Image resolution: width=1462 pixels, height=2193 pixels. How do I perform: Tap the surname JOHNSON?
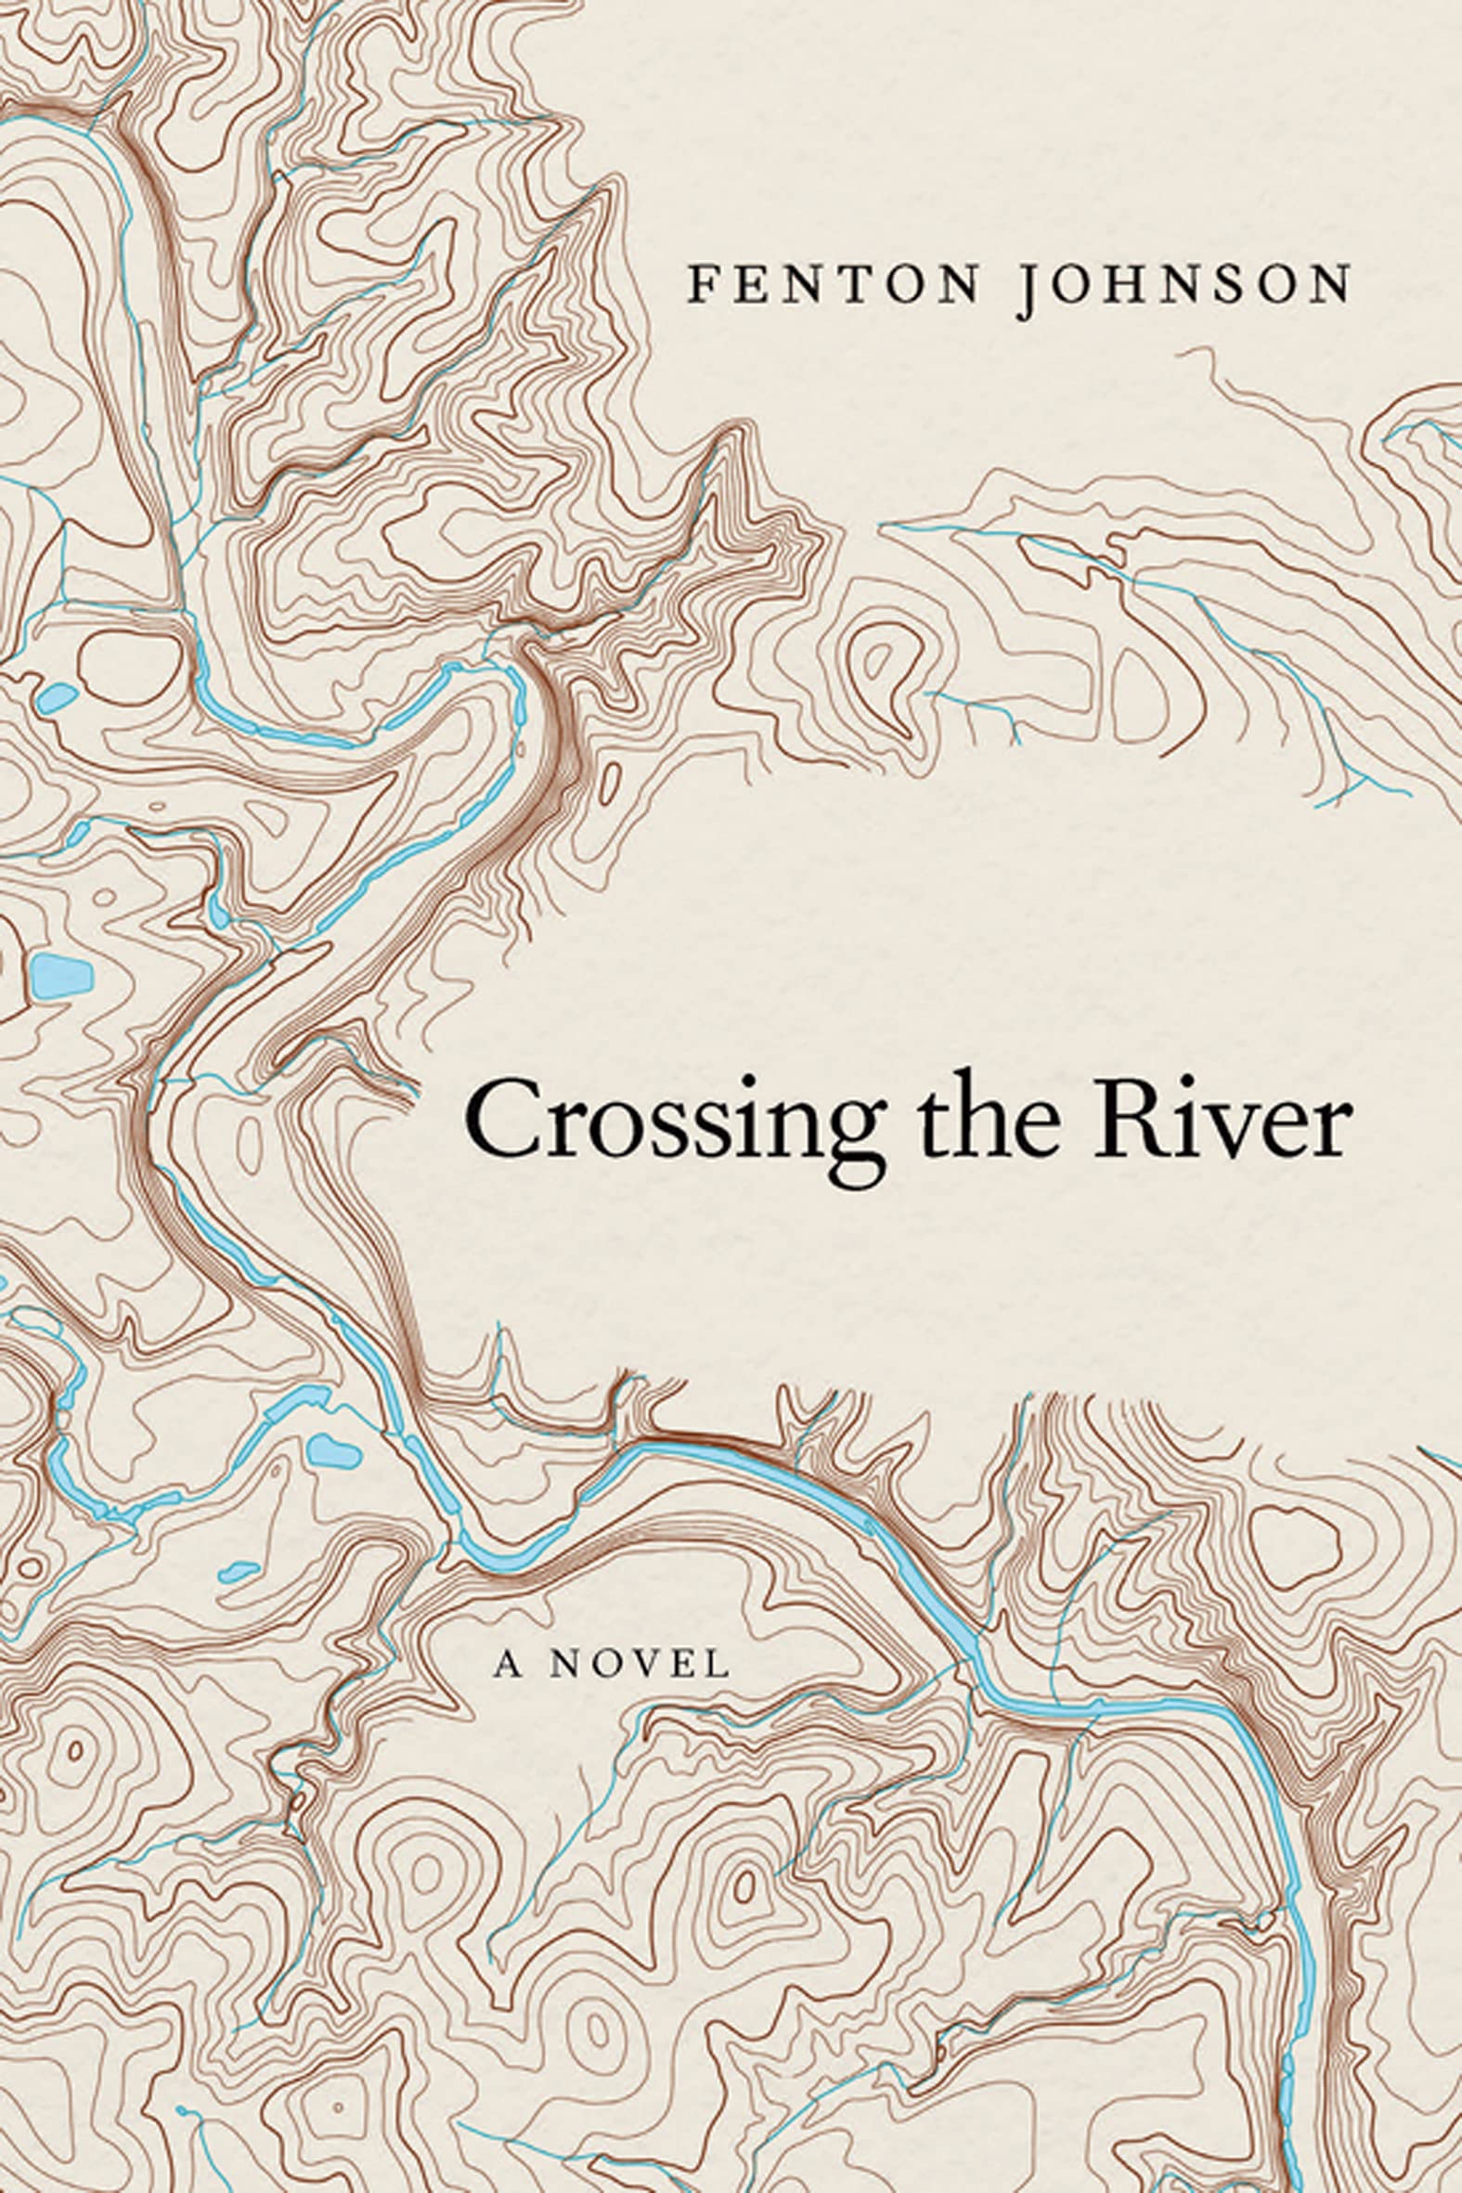tap(1185, 285)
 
